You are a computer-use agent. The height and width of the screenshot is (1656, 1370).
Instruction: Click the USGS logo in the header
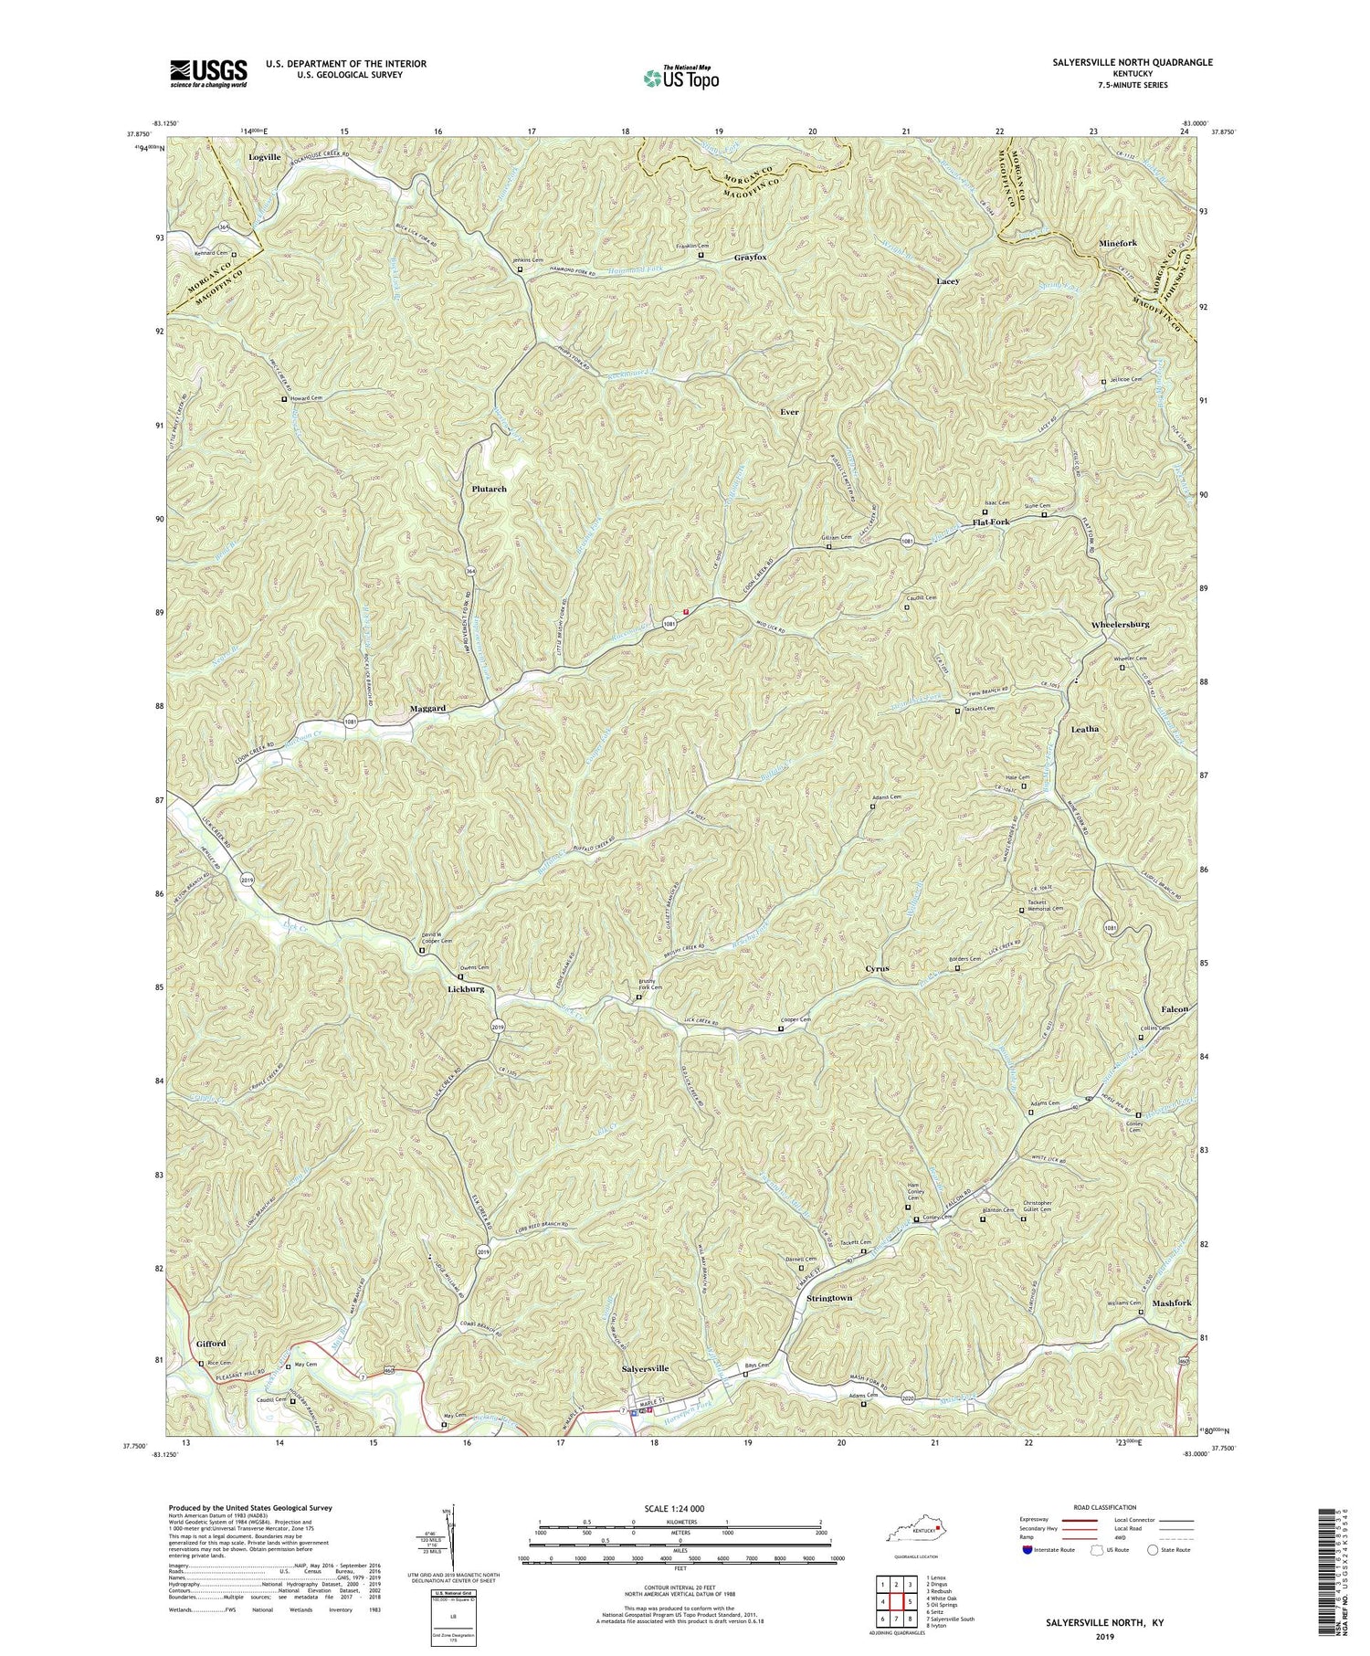pos(208,73)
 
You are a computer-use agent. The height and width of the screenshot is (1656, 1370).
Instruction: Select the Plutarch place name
pos(490,489)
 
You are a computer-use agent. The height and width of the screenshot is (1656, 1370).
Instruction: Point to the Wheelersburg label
pos(1120,624)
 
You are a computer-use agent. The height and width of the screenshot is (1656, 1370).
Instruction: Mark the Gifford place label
pos(210,1344)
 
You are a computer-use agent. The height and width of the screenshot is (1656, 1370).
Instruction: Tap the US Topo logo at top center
pos(680,77)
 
